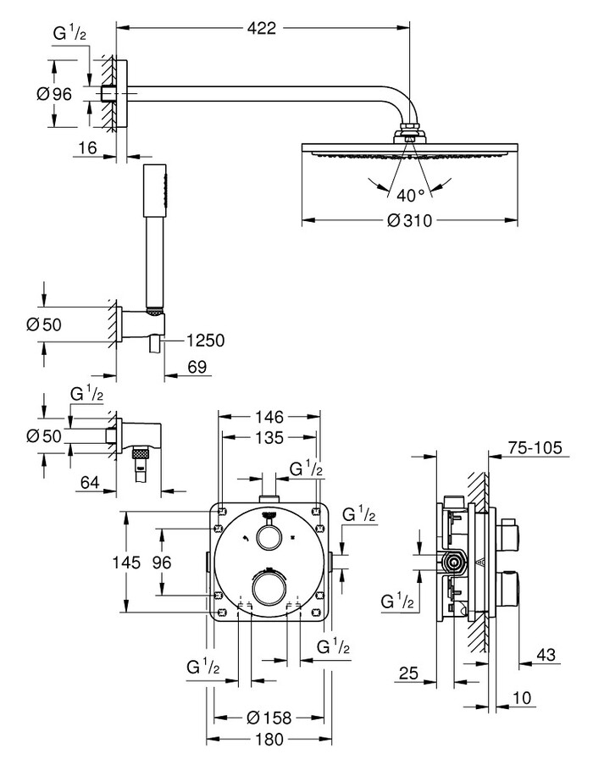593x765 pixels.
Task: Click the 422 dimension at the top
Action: tap(262, 28)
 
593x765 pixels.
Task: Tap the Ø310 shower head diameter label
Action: tap(410, 220)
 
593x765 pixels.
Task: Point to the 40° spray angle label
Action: tap(411, 196)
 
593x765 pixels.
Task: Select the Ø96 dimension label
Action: tap(54, 94)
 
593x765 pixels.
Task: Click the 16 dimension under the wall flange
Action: tap(88, 147)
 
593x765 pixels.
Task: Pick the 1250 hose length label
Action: tap(205, 340)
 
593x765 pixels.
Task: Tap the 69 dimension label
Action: tap(197, 366)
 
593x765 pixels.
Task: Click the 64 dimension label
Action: tap(90, 483)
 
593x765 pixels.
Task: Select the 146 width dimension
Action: tap(269, 417)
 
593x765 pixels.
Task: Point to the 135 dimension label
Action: tap(269, 437)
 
